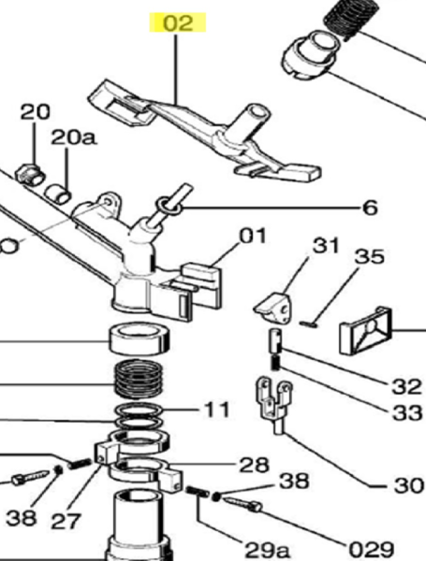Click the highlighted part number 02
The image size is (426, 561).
[x=178, y=22]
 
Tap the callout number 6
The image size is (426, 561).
[x=370, y=208]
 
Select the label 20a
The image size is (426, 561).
[x=73, y=137]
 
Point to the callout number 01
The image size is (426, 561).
[x=253, y=237]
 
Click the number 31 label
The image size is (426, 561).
[x=325, y=246]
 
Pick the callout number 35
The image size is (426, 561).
[x=370, y=256]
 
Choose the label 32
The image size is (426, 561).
[x=406, y=387]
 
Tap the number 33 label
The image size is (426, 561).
[x=407, y=413]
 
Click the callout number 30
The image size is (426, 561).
[x=408, y=485]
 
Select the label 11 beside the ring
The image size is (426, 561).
[x=216, y=410]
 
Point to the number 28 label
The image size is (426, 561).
[x=254, y=465]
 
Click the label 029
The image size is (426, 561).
[x=372, y=549]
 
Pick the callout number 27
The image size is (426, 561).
[x=66, y=521]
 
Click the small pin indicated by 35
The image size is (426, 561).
[x=308, y=324]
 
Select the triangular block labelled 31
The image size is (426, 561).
[x=273, y=308]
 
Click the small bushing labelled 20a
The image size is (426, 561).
[x=58, y=193]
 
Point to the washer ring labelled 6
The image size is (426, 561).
[x=169, y=206]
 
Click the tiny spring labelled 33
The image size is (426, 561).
[x=275, y=363]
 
